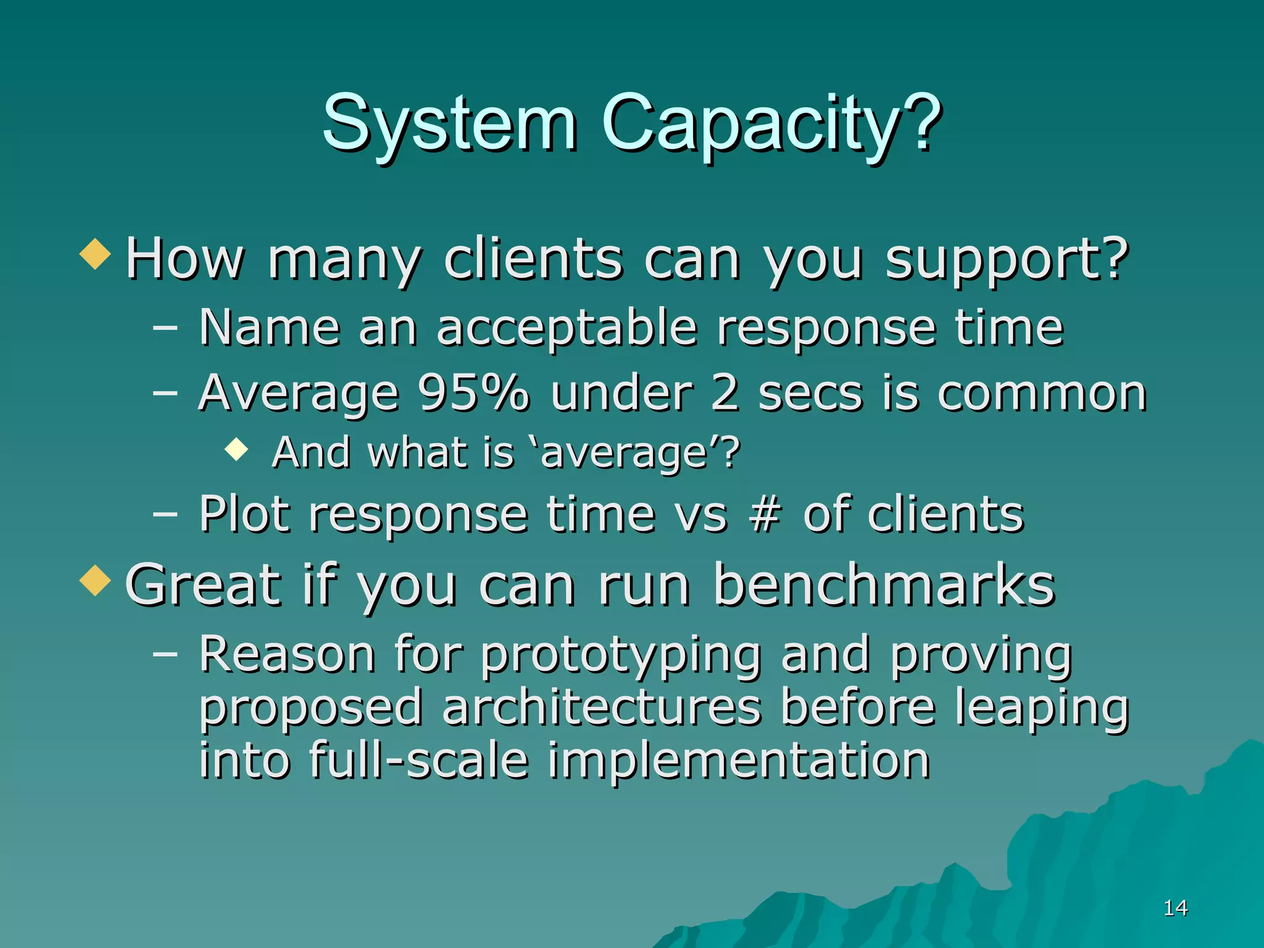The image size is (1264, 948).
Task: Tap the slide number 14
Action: tap(1175, 908)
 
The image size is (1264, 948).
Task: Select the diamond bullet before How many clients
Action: tap(95, 254)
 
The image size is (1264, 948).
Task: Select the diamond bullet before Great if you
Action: tap(95, 581)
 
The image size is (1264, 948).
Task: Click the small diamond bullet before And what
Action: tap(236, 449)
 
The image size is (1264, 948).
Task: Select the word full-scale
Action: tap(418, 760)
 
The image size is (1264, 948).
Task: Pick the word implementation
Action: tap(738, 761)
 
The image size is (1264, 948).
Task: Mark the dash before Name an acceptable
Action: tap(165, 328)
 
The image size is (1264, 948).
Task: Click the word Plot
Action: tap(244, 514)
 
